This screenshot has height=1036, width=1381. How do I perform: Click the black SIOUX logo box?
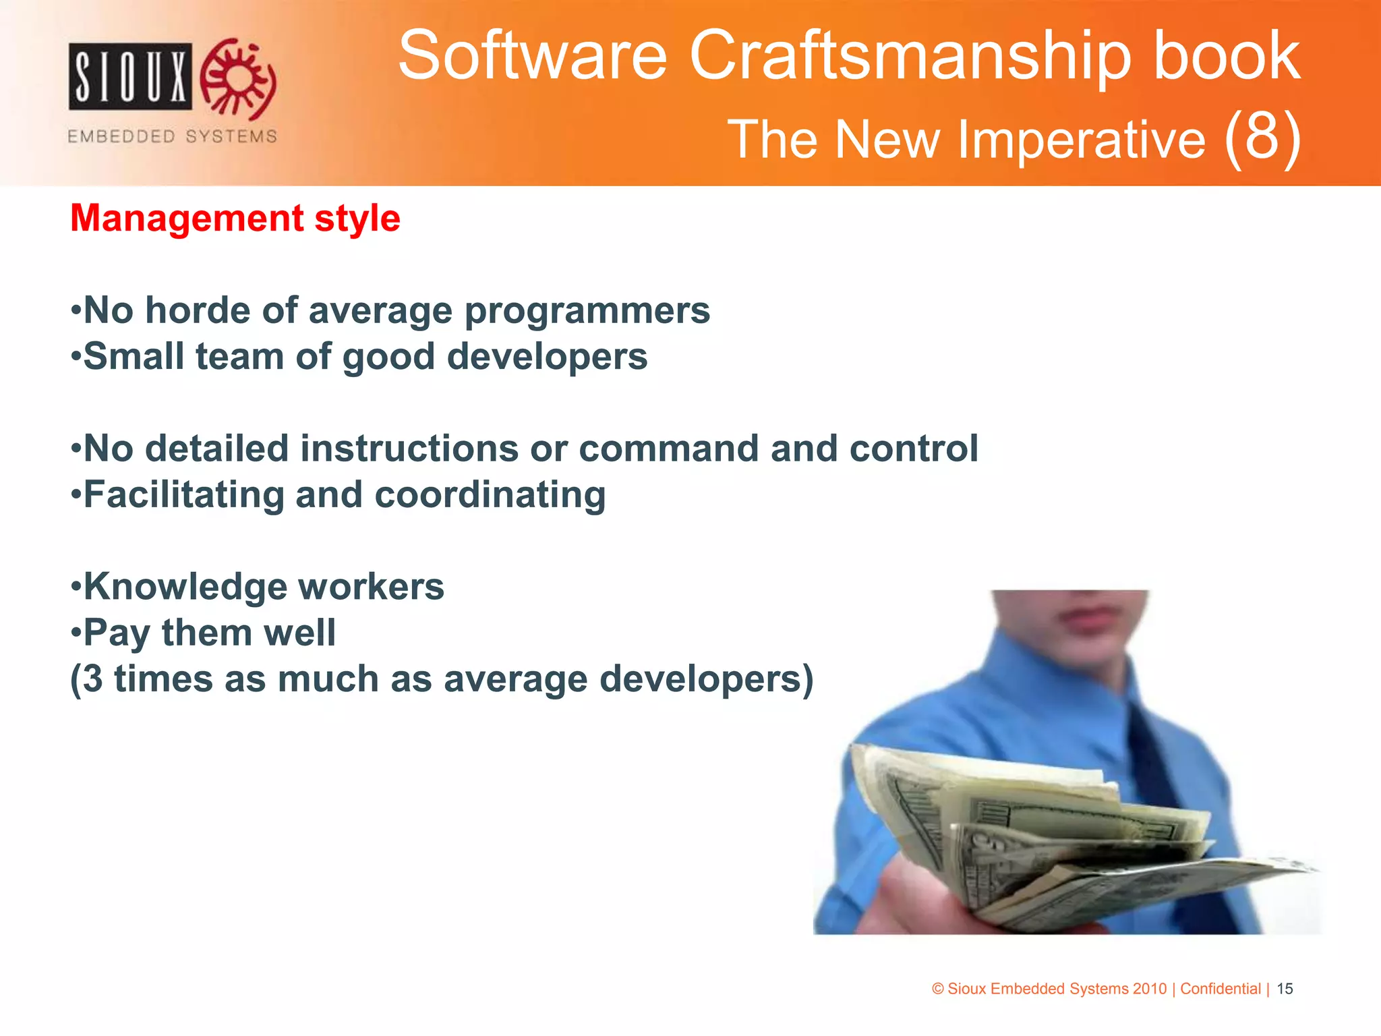pyautogui.click(x=129, y=76)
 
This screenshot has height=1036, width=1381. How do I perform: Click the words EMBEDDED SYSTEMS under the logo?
pyautogui.click(x=172, y=136)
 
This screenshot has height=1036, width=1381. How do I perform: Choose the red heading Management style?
pyautogui.click(x=235, y=219)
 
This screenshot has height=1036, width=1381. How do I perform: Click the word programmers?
pyautogui.click(x=587, y=312)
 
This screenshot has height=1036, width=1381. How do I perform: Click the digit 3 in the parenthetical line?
pyautogui.click(x=93, y=679)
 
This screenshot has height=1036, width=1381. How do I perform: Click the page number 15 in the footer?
pyautogui.click(x=1285, y=989)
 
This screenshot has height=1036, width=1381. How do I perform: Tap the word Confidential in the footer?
pyautogui.click(x=1220, y=989)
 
